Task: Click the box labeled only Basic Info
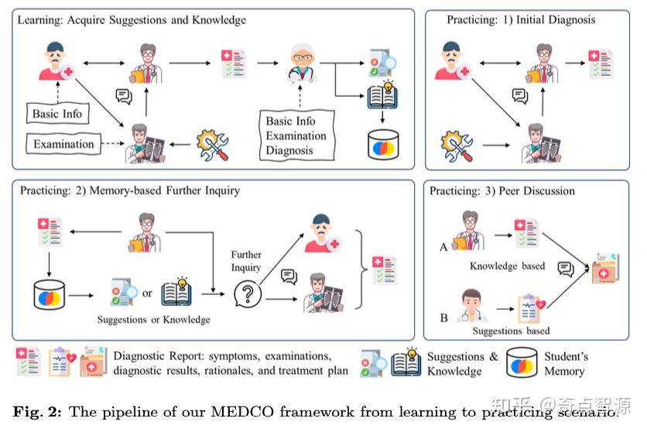[x=57, y=114]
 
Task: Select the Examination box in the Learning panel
[x=63, y=144]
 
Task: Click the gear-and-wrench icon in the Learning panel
[x=214, y=144]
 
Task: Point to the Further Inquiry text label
[x=246, y=260]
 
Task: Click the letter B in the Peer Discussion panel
[x=443, y=317]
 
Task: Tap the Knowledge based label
[x=507, y=266]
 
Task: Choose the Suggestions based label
[x=511, y=331]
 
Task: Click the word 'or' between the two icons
[x=147, y=294]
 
